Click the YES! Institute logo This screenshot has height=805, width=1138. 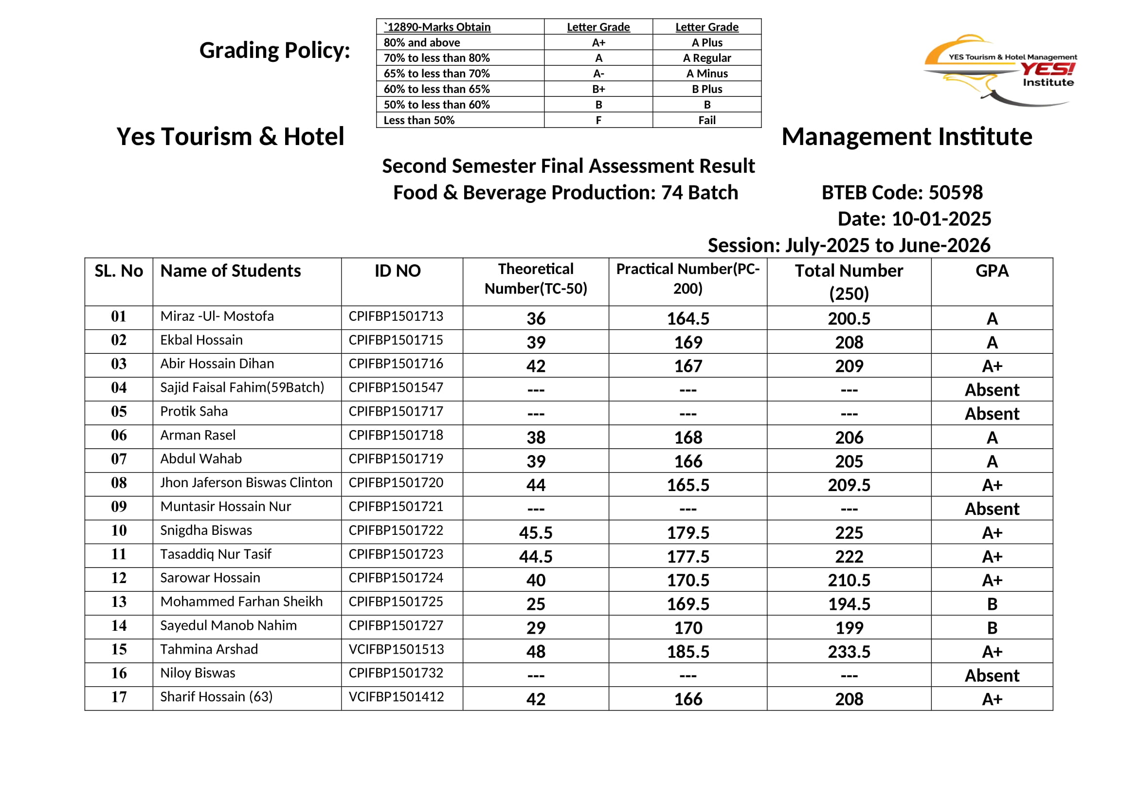[1000, 71]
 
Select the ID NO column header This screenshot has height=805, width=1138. [397, 271]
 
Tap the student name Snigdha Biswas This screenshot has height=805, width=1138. [206, 531]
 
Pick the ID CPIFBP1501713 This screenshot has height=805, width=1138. [396, 316]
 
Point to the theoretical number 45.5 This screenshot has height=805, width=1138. [535, 533]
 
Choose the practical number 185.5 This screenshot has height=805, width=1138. [687, 652]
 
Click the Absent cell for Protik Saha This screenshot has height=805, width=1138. [992, 414]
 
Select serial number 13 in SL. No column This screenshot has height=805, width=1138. [119, 602]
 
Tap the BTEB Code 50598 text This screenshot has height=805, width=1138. [902, 192]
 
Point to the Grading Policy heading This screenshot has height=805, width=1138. [274, 51]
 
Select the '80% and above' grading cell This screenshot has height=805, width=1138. [422, 43]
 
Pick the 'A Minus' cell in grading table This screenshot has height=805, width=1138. [707, 74]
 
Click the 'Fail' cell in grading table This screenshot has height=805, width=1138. [707, 120]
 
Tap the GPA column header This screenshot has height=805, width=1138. [992, 271]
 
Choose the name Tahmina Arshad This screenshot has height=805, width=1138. [209, 649]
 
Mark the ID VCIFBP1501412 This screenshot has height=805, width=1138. [396, 697]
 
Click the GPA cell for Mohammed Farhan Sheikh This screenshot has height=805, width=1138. [992, 604]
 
